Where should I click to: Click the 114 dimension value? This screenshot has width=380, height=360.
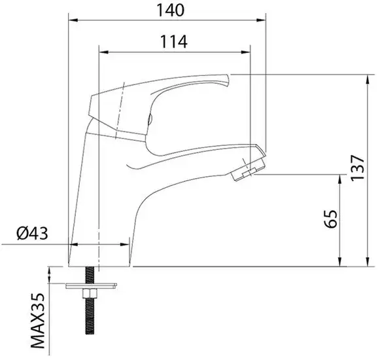[x=173, y=41]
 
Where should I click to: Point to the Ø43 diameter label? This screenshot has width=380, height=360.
[x=31, y=234]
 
